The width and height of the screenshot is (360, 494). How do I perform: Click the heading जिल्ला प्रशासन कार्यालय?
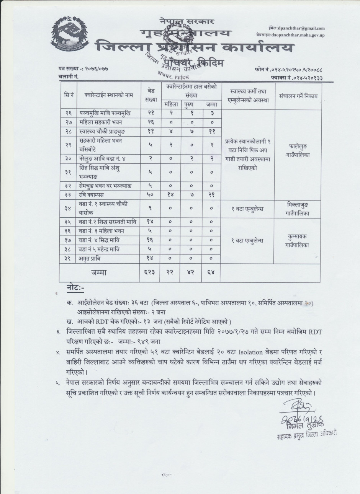pyautogui.click(x=196, y=47)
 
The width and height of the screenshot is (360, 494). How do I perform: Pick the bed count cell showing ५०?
pyautogui.click(x=151, y=195)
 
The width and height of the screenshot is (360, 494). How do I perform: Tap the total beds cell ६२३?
pyautogui.click(x=151, y=273)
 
